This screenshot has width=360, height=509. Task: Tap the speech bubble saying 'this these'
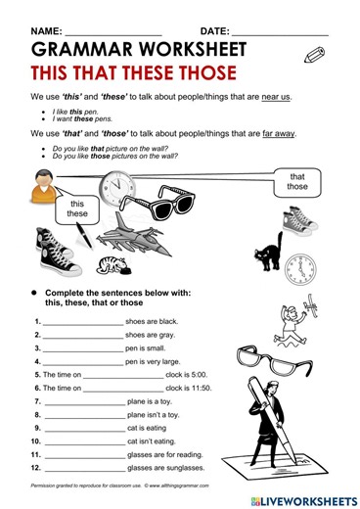pos(77,208)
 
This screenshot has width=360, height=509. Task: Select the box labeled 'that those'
pos(297,181)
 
